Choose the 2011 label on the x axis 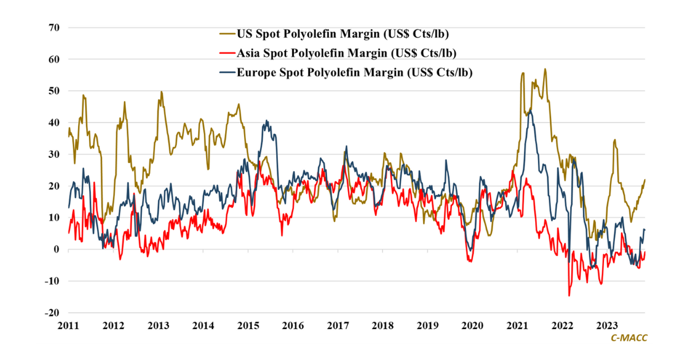(x=68, y=326)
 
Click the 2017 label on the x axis (x=338, y=326)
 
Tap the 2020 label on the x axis (x=473, y=326)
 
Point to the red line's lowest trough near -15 (x=569, y=296)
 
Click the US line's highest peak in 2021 (x=545, y=69)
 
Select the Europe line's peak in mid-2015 (x=266, y=121)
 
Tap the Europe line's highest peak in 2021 (x=531, y=109)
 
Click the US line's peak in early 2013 (x=161, y=92)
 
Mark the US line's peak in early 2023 (x=614, y=140)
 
